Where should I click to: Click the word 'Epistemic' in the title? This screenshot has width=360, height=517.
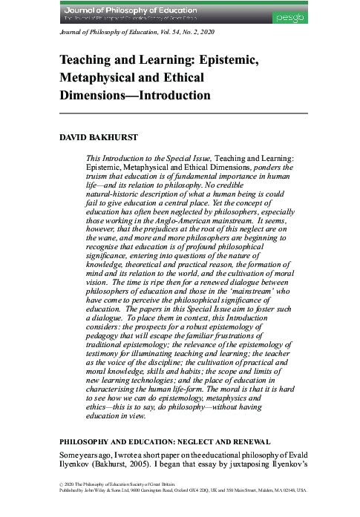tap(215, 62)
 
